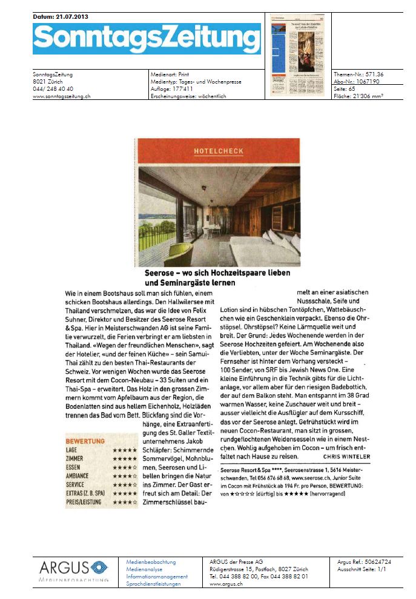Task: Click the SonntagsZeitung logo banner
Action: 147,39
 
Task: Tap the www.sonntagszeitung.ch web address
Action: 61,96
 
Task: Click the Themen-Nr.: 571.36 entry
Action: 358,74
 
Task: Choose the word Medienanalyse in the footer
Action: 146,569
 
